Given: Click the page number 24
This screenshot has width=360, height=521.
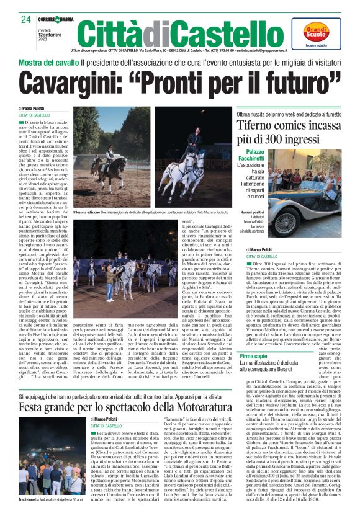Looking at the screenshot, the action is coord(25,19).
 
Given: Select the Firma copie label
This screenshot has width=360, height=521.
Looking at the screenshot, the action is coord(254,357).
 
